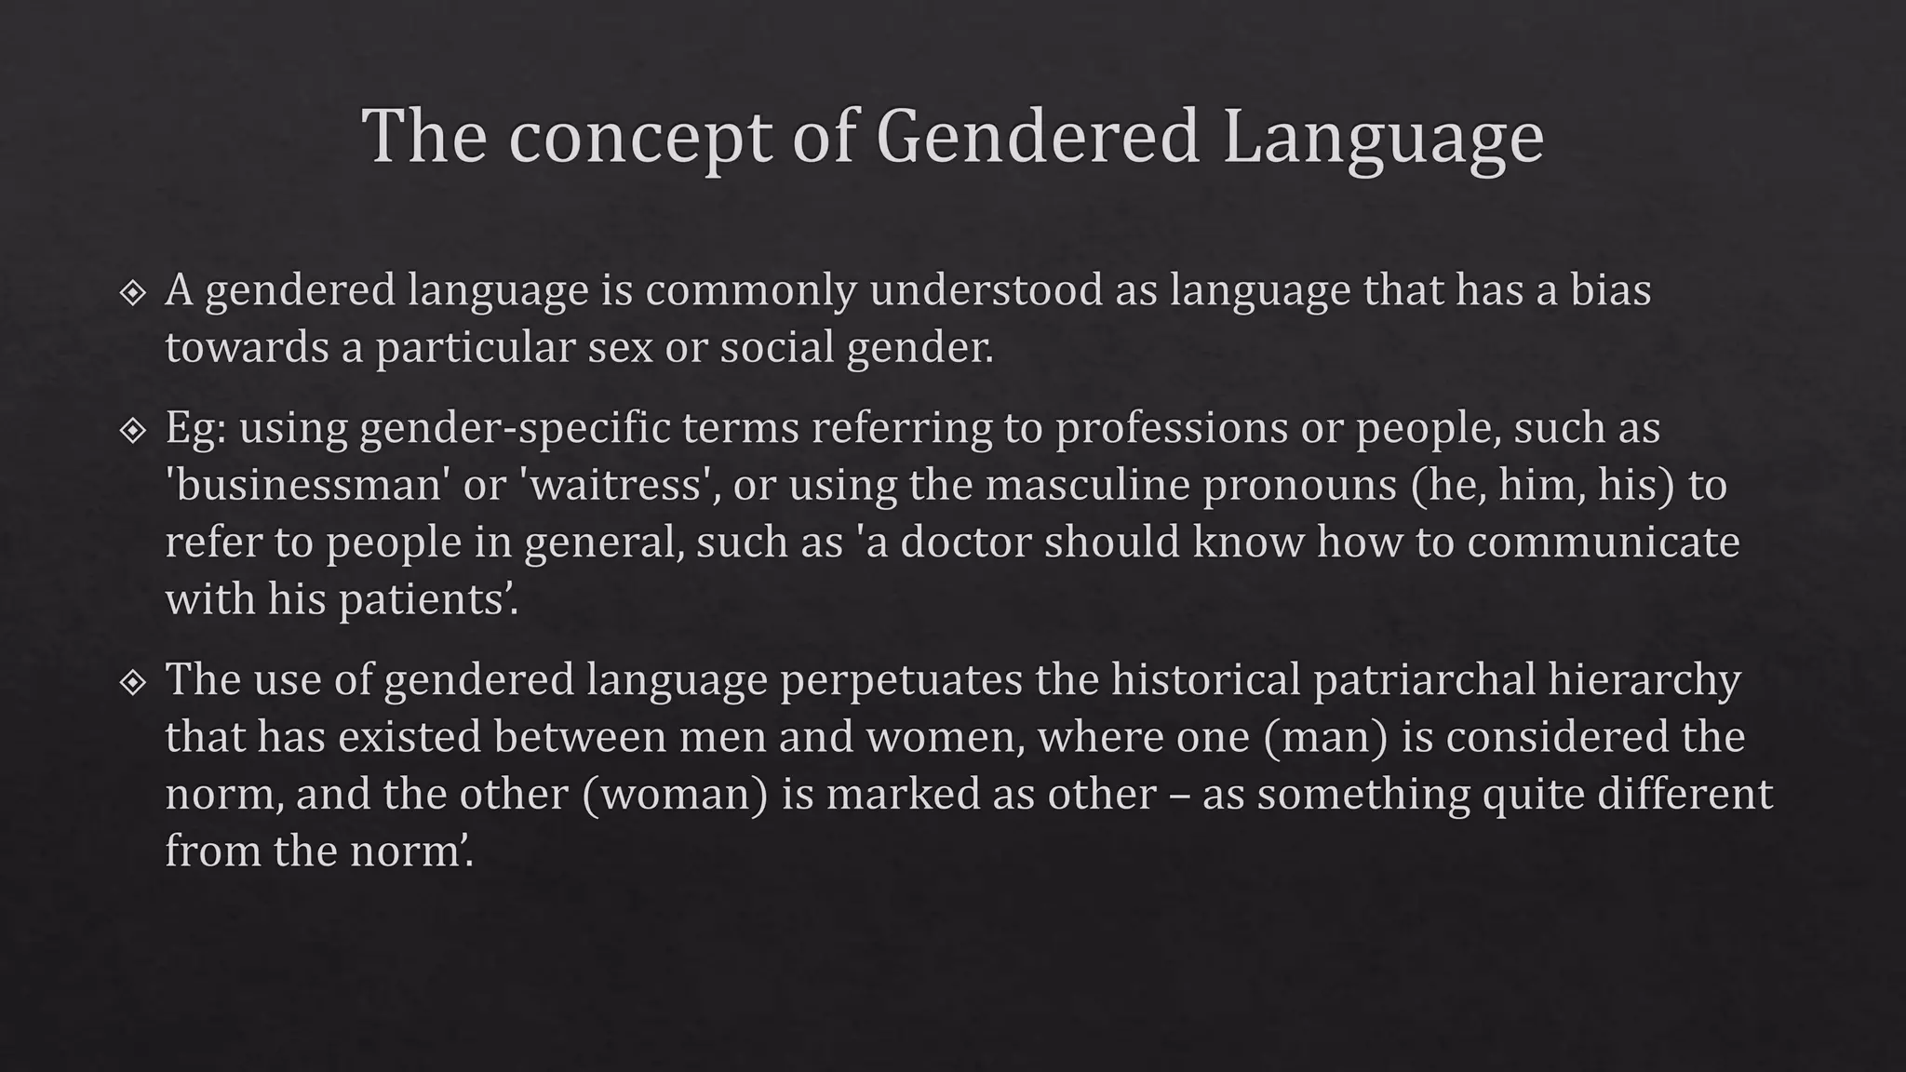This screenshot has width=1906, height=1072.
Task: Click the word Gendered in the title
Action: pyautogui.click(x=1038, y=137)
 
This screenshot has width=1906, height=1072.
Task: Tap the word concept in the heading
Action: pyautogui.click(x=640, y=137)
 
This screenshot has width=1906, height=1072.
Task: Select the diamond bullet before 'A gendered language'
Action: pyautogui.click(x=133, y=293)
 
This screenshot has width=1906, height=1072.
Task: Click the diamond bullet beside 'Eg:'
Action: pyautogui.click(x=133, y=431)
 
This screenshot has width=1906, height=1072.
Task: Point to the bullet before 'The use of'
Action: pyautogui.click(x=133, y=683)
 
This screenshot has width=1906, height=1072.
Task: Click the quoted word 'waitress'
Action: pyautogui.click(x=615, y=485)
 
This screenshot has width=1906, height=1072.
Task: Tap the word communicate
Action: pyautogui.click(x=1603, y=542)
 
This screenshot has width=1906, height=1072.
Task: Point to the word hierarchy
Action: pyautogui.click(x=1644, y=679)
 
